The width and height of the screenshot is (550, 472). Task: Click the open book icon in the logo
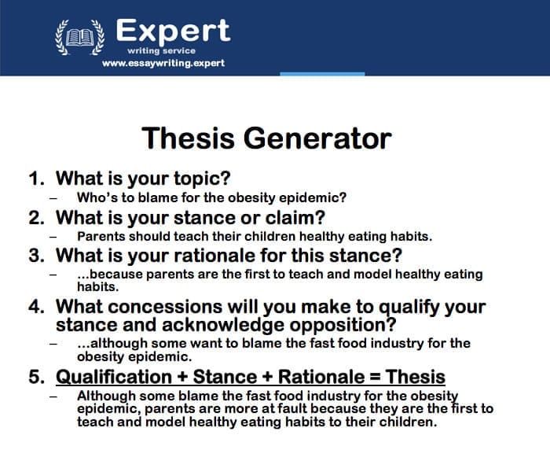pos(80,37)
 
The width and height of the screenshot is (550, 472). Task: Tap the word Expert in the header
pos(173,31)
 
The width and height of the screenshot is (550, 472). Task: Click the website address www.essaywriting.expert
pos(163,63)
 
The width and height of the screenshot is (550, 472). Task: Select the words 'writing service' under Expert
pos(161,51)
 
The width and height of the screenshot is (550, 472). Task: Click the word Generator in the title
pos(317,138)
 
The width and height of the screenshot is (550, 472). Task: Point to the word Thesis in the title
pos(188,138)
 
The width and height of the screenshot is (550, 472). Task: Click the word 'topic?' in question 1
pos(203,179)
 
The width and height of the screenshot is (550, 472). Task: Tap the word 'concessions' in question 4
pos(165,307)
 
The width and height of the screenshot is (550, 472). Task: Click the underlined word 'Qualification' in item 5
pos(114,377)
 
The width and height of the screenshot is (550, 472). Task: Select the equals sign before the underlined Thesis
pos(375,377)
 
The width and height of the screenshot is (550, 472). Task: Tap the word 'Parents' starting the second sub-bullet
pos(101,236)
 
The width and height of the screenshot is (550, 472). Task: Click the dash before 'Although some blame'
pos(53,396)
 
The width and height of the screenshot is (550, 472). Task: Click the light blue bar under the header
pos(322,74)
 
